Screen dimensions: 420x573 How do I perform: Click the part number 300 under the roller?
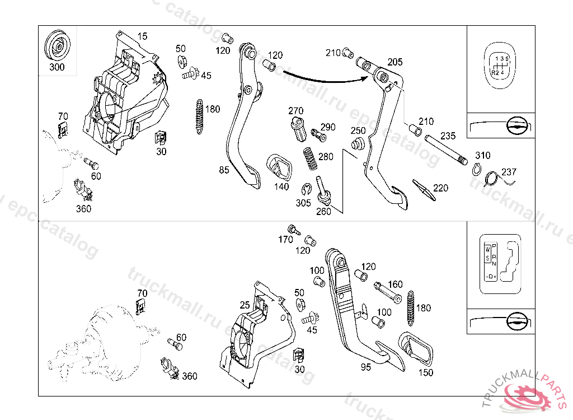[57, 67]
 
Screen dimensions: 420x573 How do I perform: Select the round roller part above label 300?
[57, 45]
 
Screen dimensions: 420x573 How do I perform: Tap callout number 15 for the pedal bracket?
[143, 37]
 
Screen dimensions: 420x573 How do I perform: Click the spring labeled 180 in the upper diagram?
[198, 116]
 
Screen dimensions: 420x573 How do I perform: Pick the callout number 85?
[224, 170]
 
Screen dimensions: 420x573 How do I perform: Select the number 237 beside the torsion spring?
[509, 172]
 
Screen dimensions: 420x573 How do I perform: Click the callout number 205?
[395, 62]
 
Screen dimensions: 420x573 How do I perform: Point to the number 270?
[295, 110]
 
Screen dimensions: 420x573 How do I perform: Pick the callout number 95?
[365, 368]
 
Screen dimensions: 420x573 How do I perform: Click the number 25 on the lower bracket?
[244, 305]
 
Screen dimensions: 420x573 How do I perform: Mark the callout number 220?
[440, 188]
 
